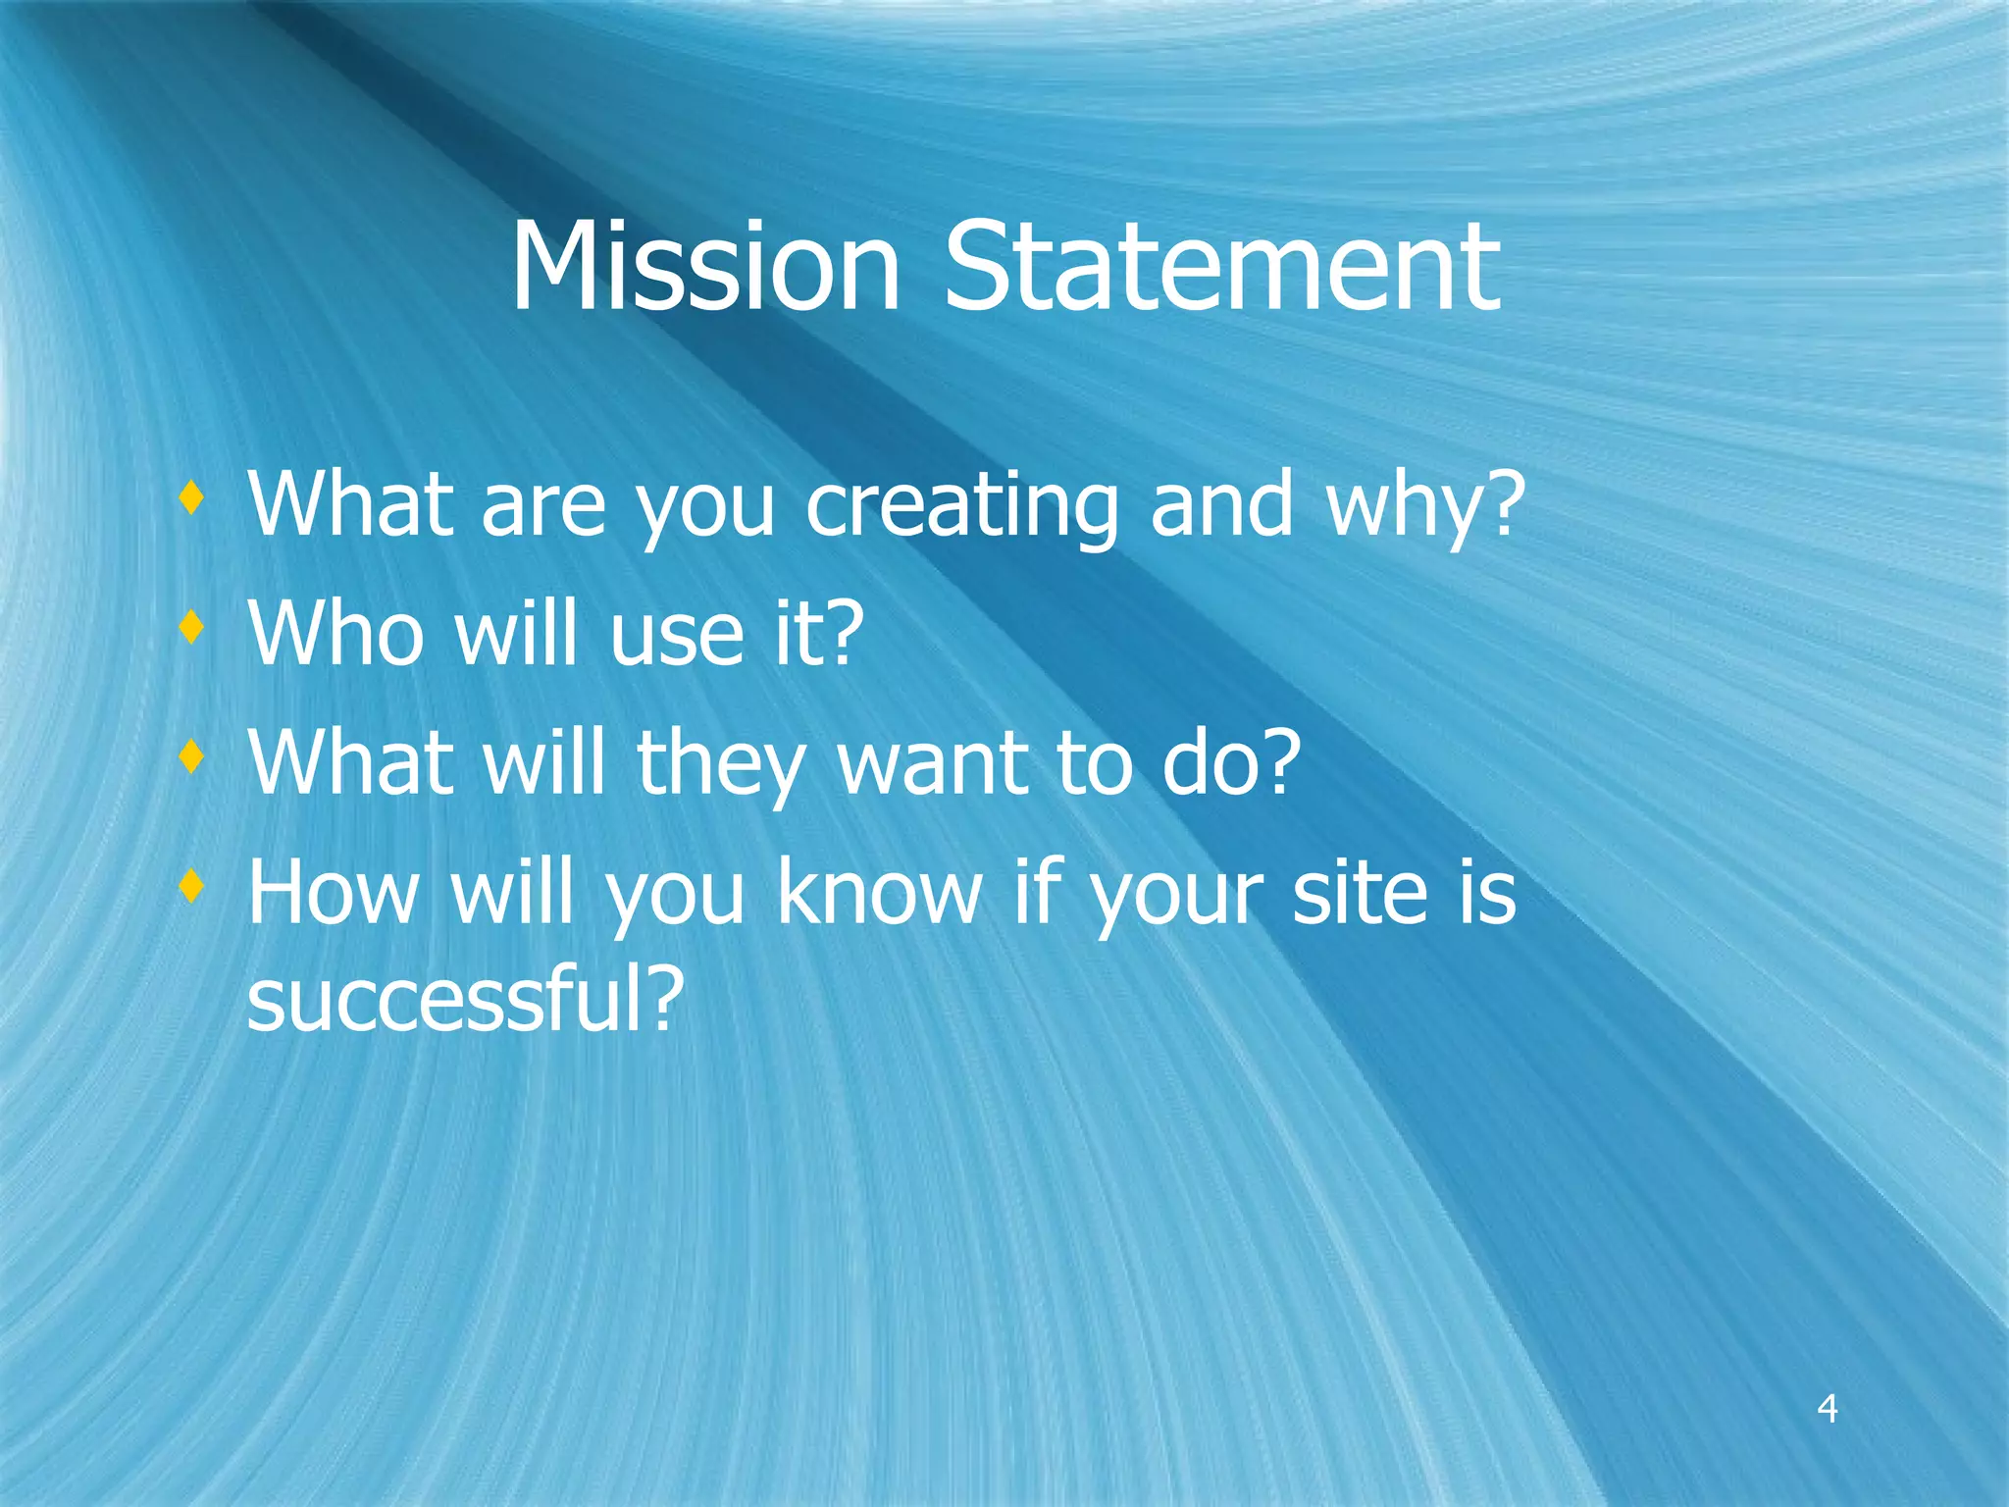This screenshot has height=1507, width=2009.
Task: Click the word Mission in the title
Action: point(704,267)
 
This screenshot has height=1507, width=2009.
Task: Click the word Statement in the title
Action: point(1220,267)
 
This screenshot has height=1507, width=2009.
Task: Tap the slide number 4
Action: point(1827,1409)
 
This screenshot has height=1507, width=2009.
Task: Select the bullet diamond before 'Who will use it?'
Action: point(192,627)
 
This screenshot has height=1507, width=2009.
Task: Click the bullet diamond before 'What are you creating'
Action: point(192,498)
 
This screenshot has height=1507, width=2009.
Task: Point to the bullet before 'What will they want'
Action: point(192,756)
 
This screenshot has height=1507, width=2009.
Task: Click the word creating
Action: point(961,506)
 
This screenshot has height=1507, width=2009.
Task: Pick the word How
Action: point(334,892)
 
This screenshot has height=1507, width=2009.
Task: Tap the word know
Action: point(879,892)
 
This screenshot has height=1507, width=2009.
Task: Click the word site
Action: point(1359,892)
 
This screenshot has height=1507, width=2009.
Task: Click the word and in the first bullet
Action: point(1221,504)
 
